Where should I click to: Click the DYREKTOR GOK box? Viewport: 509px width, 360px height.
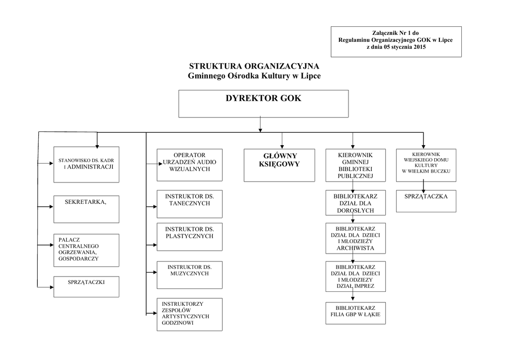tap(263, 104)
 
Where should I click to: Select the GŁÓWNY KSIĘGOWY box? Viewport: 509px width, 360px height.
tap(279, 165)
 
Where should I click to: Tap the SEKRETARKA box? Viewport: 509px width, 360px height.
tap(86, 209)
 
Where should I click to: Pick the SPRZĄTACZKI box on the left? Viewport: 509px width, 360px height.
tap(86, 286)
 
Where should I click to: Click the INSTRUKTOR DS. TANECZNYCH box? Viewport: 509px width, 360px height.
tap(189, 204)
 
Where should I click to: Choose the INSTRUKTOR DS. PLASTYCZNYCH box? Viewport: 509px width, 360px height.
tap(189, 237)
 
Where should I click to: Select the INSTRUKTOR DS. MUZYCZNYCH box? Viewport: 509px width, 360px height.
tap(189, 275)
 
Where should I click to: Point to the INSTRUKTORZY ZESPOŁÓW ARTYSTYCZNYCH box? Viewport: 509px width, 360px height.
tap(189, 315)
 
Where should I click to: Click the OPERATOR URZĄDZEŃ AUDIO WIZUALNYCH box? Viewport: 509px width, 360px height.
tap(189, 165)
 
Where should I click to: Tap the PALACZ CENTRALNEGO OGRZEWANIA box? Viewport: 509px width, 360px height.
tap(86, 250)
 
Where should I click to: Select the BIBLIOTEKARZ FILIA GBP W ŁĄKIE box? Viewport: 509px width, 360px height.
tap(355, 313)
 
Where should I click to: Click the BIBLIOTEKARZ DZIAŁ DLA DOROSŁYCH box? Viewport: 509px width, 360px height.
tap(355, 202)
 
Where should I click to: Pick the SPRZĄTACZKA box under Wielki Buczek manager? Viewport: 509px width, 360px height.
tap(426, 201)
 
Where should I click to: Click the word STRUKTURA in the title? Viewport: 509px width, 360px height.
tap(216, 66)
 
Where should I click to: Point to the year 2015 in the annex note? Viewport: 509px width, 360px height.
tap(420, 47)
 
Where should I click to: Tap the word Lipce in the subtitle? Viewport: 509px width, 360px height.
tap(311, 76)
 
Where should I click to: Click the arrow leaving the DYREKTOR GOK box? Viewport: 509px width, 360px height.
tap(260, 124)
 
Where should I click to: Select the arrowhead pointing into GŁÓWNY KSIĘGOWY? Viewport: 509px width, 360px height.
tap(282, 147)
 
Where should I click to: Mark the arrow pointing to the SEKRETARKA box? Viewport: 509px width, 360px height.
tap(45, 206)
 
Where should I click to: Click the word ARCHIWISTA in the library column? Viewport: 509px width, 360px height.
tap(355, 248)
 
